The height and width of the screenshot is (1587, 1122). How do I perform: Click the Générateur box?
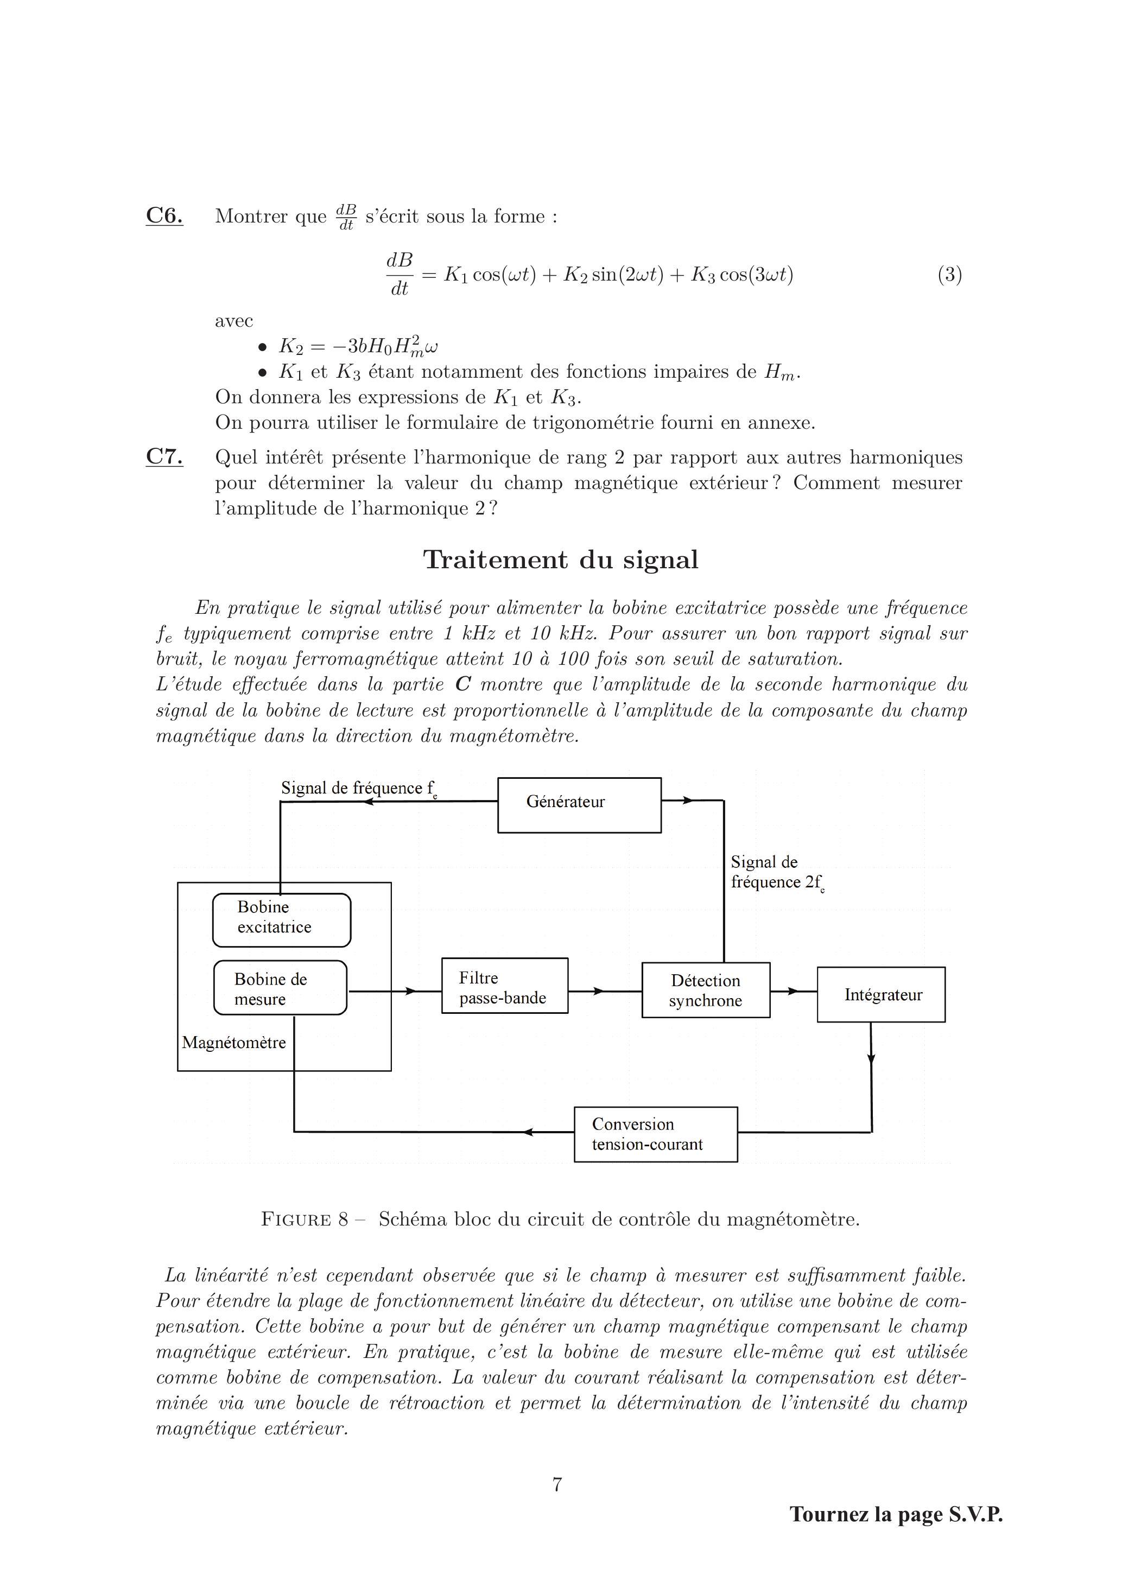tap(579, 804)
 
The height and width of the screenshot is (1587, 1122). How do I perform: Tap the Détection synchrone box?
tap(705, 990)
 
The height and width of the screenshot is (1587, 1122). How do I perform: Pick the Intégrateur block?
tap(881, 995)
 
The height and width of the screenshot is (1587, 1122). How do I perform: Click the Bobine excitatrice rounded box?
tap(281, 920)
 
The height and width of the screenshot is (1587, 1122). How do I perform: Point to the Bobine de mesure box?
tap(280, 988)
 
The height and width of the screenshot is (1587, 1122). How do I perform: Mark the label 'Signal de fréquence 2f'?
tap(776, 872)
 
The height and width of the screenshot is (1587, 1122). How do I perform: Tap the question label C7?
tap(164, 457)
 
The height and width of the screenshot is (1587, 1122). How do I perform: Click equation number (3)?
tap(949, 275)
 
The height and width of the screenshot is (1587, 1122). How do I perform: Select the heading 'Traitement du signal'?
tap(561, 560)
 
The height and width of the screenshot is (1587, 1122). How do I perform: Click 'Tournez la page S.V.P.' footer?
tap(896, 1514)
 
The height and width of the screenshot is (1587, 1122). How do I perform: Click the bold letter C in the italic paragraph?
tap(462, 685)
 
